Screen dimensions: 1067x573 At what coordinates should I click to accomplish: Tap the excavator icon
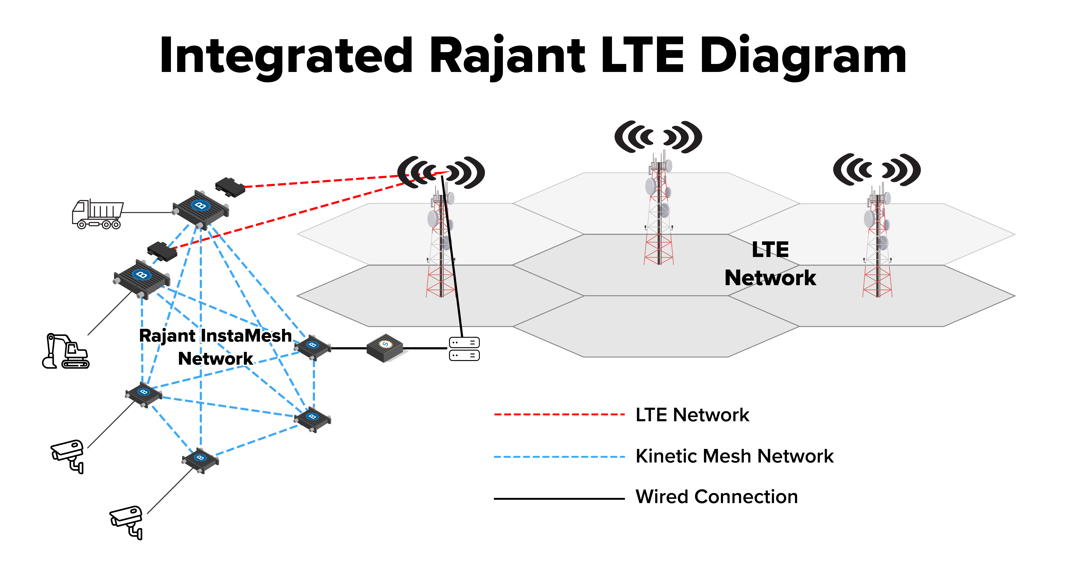(65, 351)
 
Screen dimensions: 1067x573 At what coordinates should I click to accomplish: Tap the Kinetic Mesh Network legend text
(734, 456)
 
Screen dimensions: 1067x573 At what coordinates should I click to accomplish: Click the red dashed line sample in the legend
(559, 414)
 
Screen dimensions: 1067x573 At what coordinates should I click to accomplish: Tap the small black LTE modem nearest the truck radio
(230, 187)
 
